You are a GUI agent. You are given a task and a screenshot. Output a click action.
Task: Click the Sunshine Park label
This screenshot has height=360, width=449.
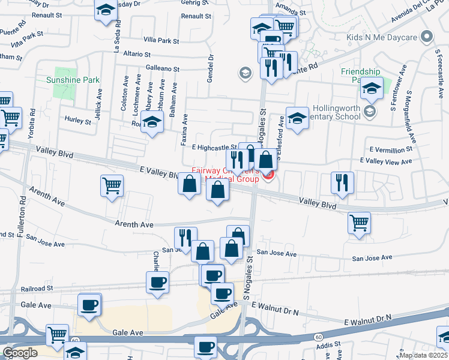click(x=74, y=80)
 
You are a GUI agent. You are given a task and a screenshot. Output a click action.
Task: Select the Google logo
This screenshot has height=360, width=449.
click(x=20, y=353)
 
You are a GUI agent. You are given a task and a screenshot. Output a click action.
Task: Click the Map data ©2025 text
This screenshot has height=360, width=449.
click(x=423, y=355)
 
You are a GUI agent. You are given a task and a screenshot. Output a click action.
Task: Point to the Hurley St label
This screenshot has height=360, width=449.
click(x=77, y=121)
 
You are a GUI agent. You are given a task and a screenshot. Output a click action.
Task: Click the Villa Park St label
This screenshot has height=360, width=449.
click(x=158, y=41)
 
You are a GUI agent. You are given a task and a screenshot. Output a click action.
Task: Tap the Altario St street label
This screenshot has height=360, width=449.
click(x=140, y=54)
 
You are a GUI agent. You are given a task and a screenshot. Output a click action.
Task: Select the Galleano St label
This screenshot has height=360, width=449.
click(x=158, y=70)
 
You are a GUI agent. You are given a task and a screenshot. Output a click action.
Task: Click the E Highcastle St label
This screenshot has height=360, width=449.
click(x=214, y=147)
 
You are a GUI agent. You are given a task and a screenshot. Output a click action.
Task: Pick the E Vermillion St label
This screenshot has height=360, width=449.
click(x=392, y=149)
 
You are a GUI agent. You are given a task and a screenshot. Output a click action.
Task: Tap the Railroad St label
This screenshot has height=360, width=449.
click(x=37, y=289)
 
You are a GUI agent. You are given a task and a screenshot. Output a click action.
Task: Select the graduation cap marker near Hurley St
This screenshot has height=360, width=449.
click(x=152, y=123)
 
